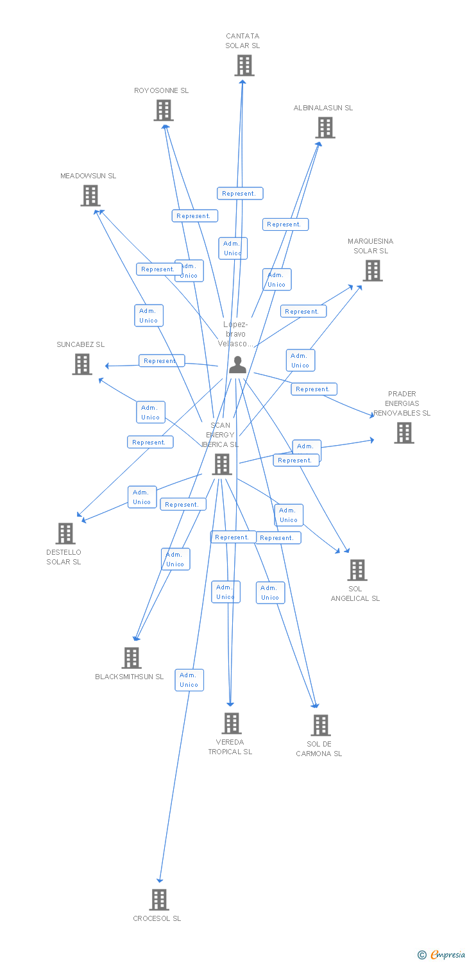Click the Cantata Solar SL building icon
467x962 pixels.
click(x=244, y=65)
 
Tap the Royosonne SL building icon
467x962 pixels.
click(x=164, y=110)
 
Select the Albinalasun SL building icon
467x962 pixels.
click(x=325, y=128)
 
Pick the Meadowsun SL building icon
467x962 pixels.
click(x=90, y=196)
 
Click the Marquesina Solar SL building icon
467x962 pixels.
click(x=372, y=271)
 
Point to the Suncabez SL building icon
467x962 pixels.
click(x=82, y=364)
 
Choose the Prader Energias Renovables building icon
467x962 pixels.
click(x=403, y=433)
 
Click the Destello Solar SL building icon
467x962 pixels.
click(x=65, y=534)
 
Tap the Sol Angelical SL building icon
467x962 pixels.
click(x=357, y=570)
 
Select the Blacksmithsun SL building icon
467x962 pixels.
click(x=132, y=658)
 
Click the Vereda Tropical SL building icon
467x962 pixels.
click(x=231, y=723)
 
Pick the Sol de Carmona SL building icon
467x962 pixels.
click(x=320, y=725)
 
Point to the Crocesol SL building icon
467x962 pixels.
click(x=159, y=900)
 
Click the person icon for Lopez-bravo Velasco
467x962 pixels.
click(x=237, y=365)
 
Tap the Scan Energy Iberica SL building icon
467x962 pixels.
click(x=222, y=464)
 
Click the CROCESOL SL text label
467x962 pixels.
click(x=157, y=918)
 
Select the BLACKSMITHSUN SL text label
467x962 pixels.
click(x=130, y=677)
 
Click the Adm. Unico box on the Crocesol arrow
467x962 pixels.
click(x=189, y=680)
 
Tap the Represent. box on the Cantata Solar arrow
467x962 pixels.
click(x=240, y=194)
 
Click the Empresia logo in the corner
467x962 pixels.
click(x=443, y=955)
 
